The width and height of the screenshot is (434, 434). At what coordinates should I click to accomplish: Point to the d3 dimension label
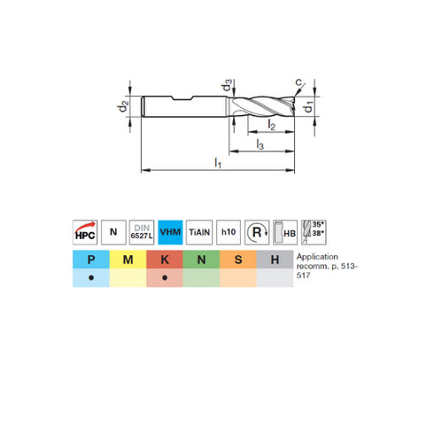pos(229,87)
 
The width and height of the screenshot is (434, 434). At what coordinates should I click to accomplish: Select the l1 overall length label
pos(218,162)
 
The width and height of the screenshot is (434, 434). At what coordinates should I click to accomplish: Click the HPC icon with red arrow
pos(84,231)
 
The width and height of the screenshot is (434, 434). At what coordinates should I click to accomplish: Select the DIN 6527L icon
pos(142,231)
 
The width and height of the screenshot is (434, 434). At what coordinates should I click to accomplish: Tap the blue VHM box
pos(170,231)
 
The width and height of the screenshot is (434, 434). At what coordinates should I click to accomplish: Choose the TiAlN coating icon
pos(199,231)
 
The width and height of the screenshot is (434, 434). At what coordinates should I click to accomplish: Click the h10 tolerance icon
pos(229,231)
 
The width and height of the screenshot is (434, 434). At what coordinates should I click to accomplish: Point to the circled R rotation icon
pos(257,231)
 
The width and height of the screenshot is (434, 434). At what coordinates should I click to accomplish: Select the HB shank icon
pos(285,231)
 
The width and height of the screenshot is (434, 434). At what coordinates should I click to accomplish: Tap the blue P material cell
pos(91,259)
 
